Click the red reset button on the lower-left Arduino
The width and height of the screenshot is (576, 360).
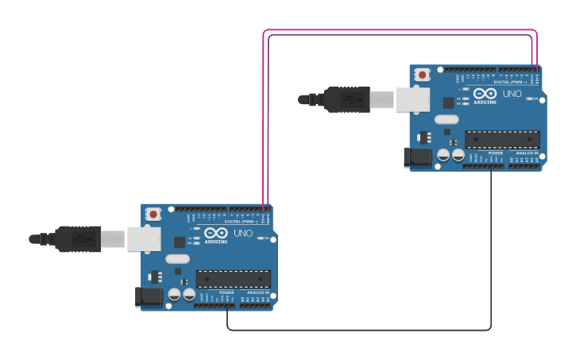point(153,214)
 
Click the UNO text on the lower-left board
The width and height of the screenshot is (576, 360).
point(243,234)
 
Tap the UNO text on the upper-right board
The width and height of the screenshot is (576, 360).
point(512,94)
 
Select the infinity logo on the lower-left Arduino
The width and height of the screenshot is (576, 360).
point(215,233)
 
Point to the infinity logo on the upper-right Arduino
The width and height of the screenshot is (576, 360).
point(485,93)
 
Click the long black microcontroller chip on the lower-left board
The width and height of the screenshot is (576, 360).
point(234,279)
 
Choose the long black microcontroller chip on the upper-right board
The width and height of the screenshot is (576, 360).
point(502,139)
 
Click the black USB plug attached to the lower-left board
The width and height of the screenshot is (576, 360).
point(78,238)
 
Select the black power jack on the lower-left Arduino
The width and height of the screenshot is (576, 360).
point(148,297)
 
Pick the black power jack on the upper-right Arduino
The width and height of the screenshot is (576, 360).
point(417,157)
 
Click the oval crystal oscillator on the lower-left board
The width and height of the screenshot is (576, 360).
point(177,258)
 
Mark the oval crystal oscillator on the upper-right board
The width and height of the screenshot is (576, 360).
point(446,119)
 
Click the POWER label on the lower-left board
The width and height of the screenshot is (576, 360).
point(227,292)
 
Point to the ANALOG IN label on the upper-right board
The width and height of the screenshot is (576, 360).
point(527,153)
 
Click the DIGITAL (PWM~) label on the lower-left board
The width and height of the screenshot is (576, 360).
point(244,221)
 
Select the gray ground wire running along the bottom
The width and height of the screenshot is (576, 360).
point(358,330)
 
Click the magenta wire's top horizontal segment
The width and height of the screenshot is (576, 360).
point(397,30)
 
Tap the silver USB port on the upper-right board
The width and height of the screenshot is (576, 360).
point(412,99)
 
